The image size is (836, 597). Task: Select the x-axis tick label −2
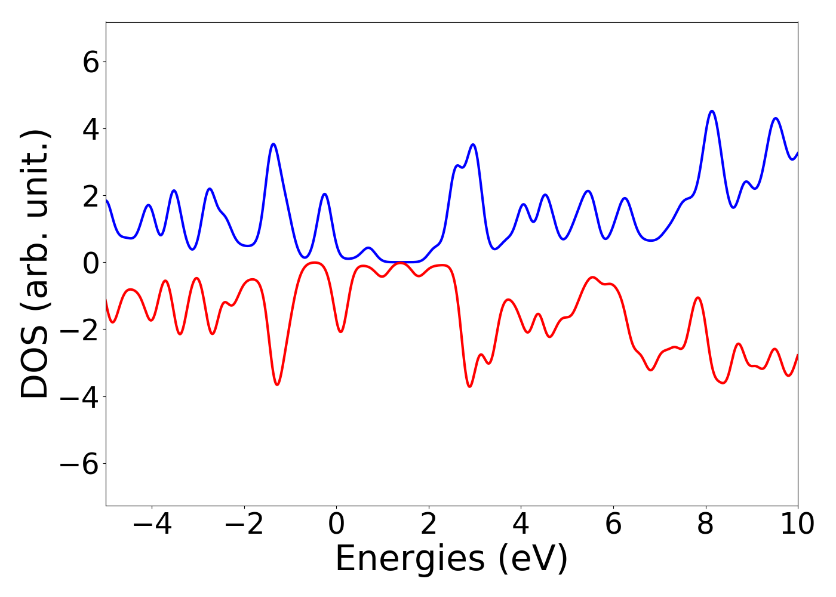[x=244, y=525]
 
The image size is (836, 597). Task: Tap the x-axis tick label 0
[x=336, y=525]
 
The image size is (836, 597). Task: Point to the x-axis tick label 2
[x=429, y=525]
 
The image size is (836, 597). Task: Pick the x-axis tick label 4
[x=521, y=525]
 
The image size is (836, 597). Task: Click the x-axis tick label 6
[x=613, y=525]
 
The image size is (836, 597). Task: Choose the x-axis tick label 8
[x=706, y=525]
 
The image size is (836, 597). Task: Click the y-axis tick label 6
[x=91, y=62]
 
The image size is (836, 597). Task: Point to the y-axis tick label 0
[x=91, y=263]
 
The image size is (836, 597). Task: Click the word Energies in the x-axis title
[x=410, y=559]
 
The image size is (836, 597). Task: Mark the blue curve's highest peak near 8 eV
[x=711, y=111]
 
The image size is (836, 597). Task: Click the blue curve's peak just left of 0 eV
[x=324, y=194]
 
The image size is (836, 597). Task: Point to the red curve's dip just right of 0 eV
[x=340, y=331]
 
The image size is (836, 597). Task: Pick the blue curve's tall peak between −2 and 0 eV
[x=273, y=144]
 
